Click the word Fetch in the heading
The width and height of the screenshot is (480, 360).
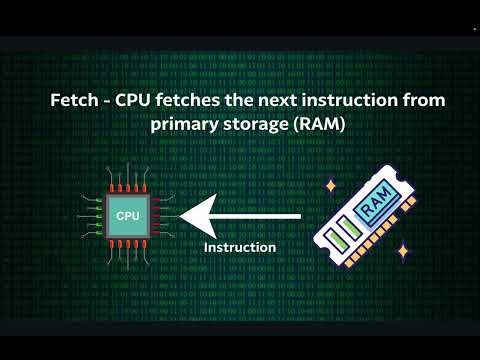[x=73, y=102]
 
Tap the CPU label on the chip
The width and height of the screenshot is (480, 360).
[x=128, y=216]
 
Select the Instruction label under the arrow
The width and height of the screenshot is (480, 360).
[x=240, y=247]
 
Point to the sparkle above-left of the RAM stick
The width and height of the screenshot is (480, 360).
[x=329, y=186]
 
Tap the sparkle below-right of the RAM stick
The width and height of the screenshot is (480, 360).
[x=402, y=251]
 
